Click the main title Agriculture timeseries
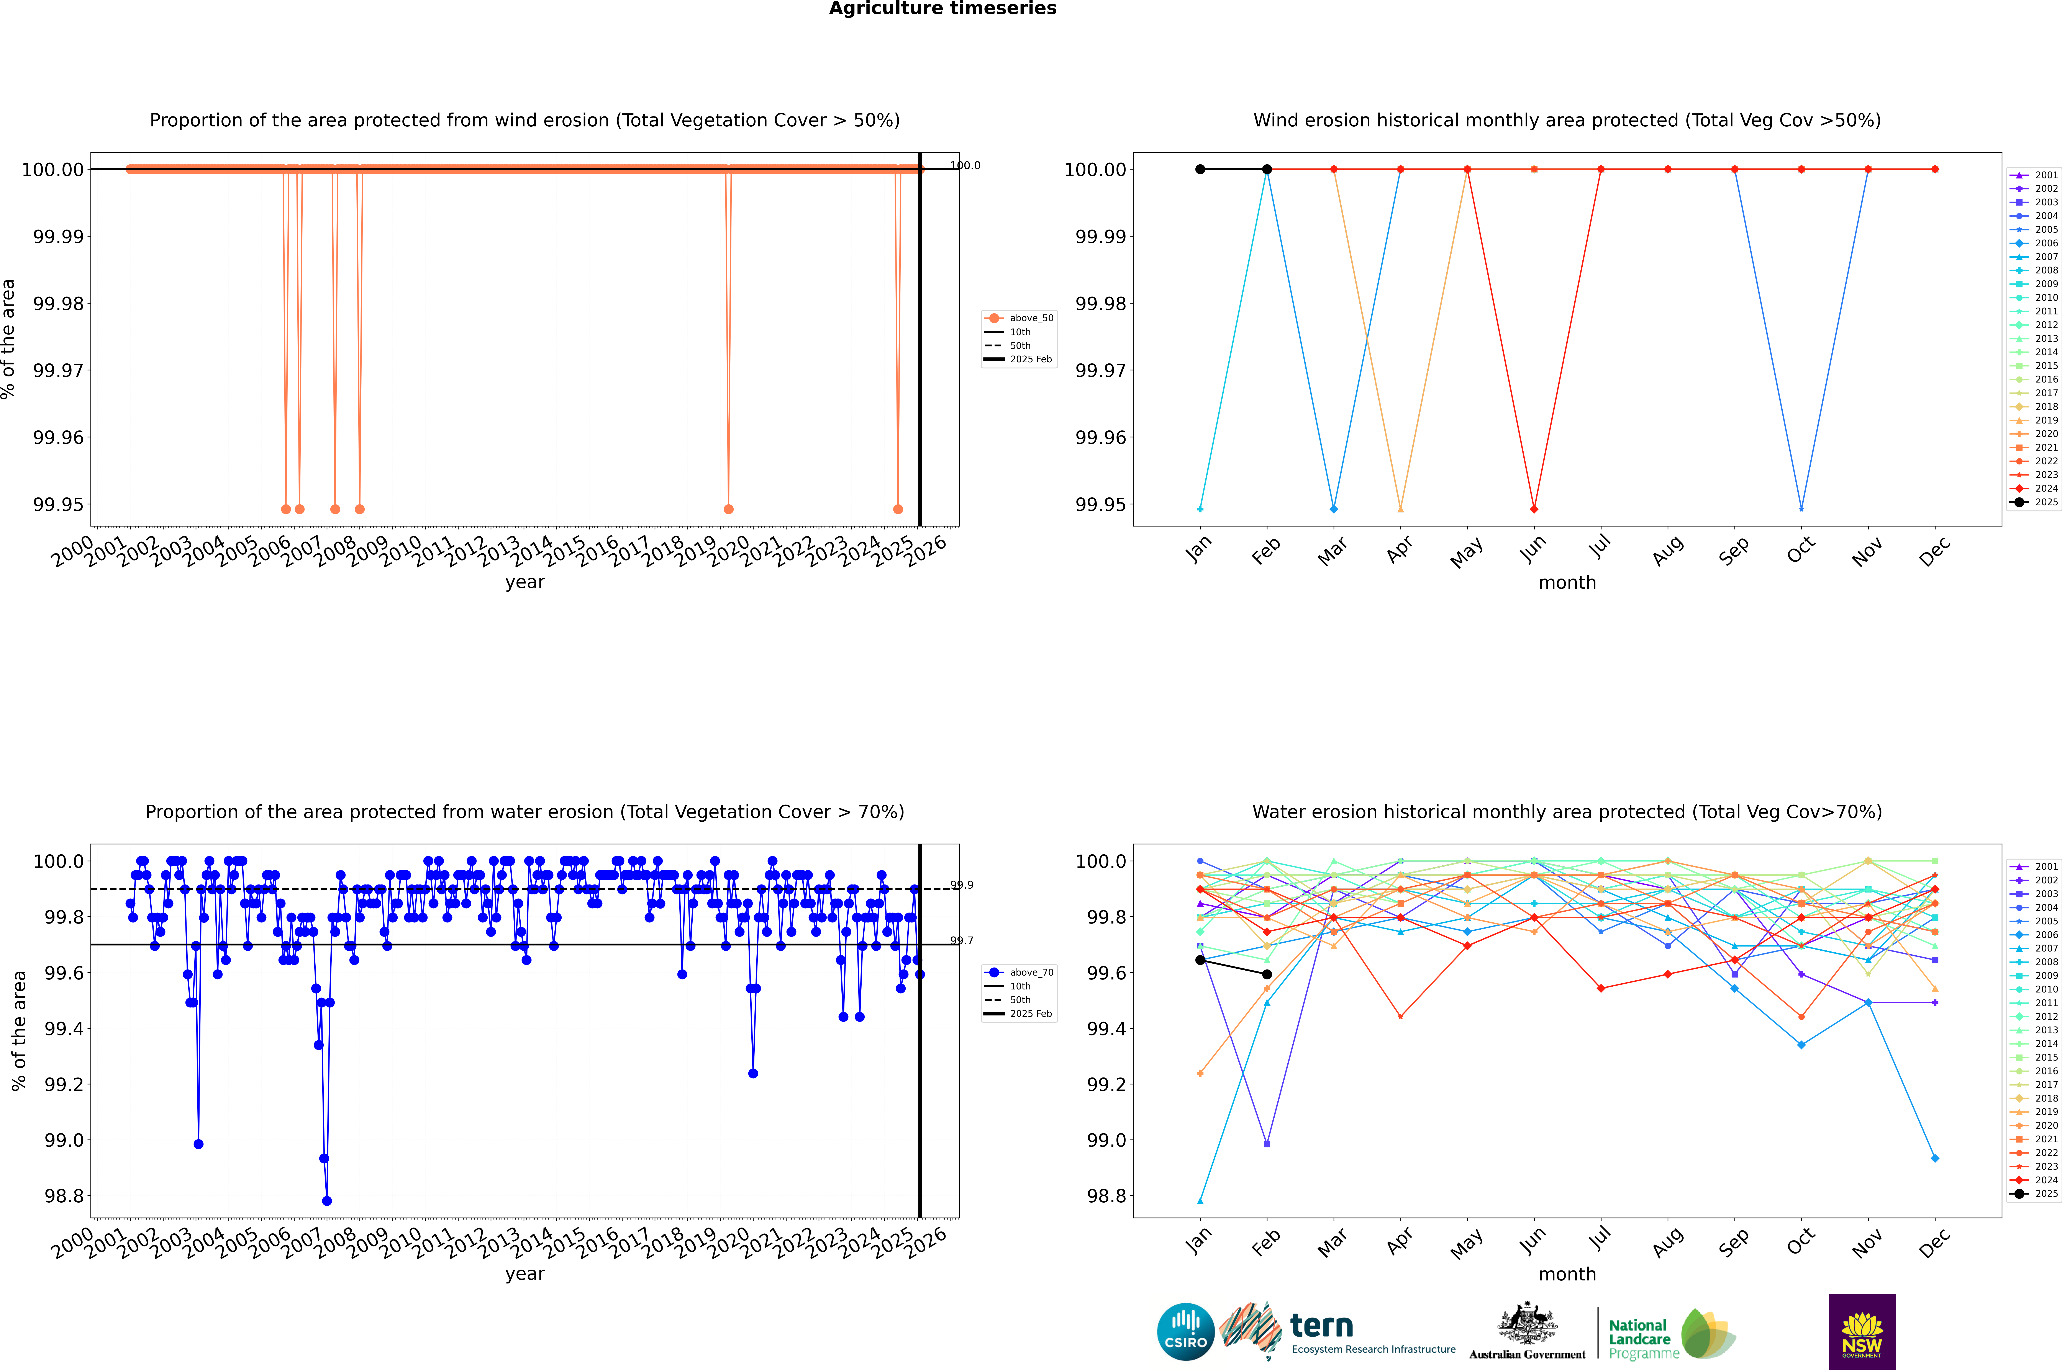pos(942,9)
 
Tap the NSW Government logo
pos(1862,1332)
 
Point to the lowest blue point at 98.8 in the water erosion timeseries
pos(327,1200)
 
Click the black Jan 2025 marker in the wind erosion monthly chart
pos(1200,170)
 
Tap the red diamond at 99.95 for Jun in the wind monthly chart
pos(1534,508)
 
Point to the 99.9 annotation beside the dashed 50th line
pos(962,885)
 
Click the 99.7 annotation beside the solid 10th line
pos(962,941)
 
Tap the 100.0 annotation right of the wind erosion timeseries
pos(965,165)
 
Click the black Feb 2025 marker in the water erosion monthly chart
pos(1267,974)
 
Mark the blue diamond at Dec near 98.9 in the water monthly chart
pos(1934,1159)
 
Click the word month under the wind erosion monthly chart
pos(1566,583)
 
